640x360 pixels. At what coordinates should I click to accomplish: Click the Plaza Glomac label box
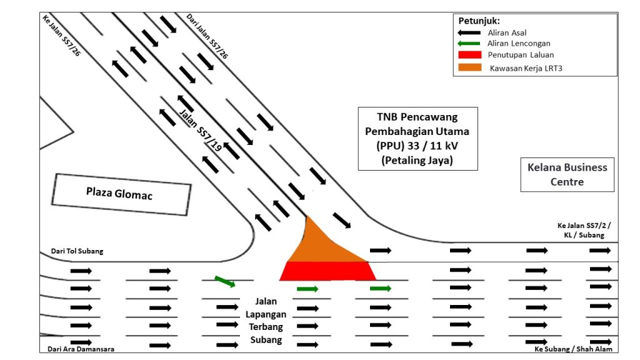point(120,194)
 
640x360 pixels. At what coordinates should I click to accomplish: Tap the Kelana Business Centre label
point(567,174)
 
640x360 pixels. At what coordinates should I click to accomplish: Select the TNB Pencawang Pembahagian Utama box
point(417,138)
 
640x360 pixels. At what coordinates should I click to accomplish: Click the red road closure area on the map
point(327,271)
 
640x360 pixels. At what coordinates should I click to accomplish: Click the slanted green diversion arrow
point(225,281)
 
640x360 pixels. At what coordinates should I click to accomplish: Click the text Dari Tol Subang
point(77,251)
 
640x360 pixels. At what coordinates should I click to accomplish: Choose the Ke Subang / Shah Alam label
point(573,349)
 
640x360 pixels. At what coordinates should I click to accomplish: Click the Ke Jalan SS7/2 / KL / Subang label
point(581,230)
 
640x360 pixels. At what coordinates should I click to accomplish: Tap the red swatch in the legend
point(471,55)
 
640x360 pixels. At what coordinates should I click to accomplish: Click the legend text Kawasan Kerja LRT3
point(526,68)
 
